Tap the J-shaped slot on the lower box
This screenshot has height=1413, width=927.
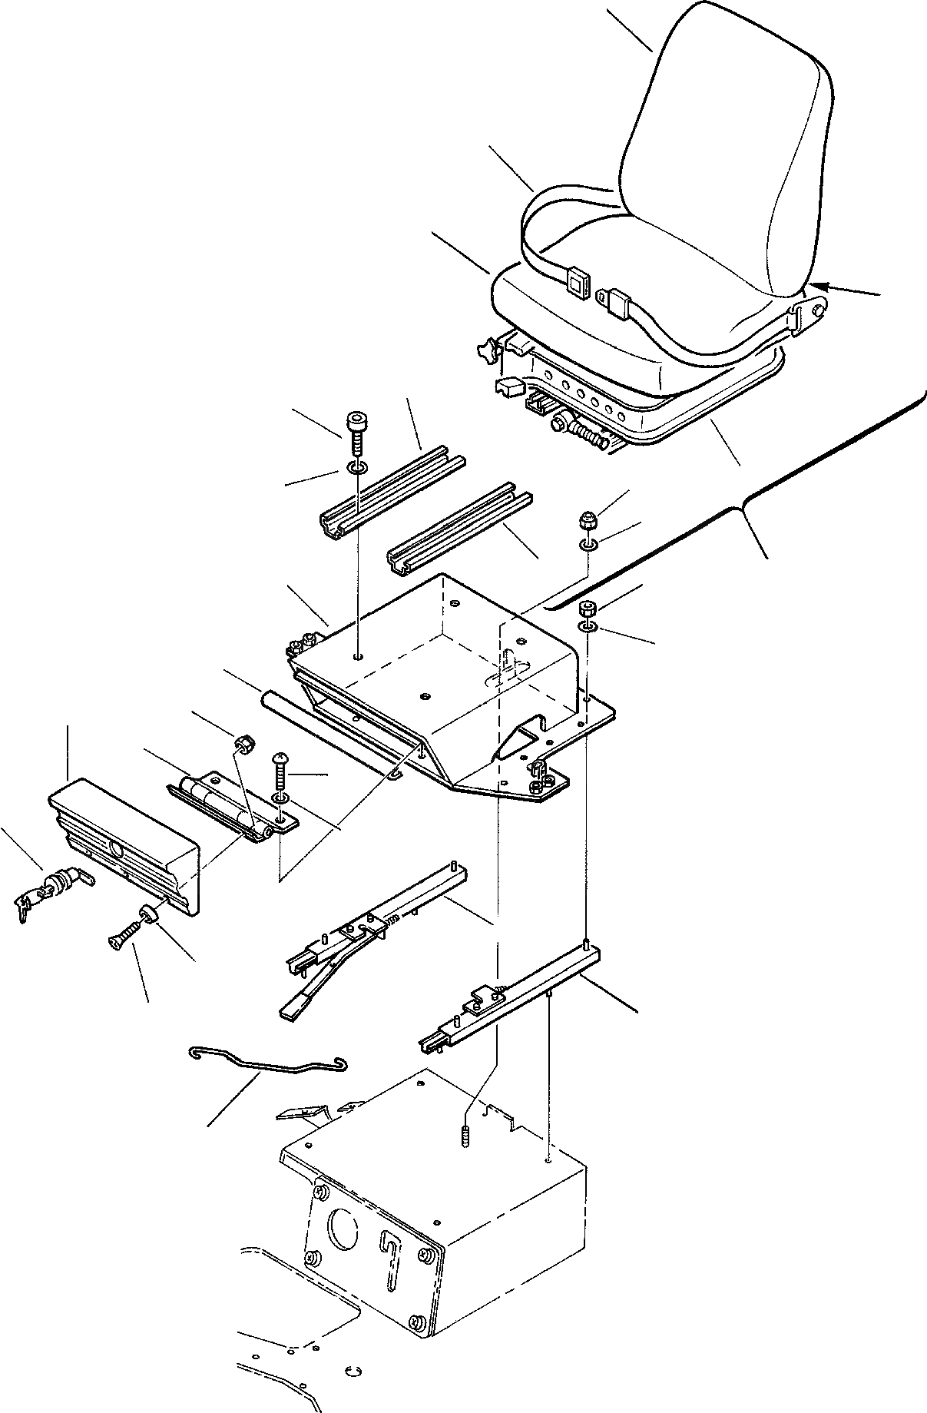coord(391,1260)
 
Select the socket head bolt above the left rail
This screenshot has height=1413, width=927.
coord(356,431)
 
